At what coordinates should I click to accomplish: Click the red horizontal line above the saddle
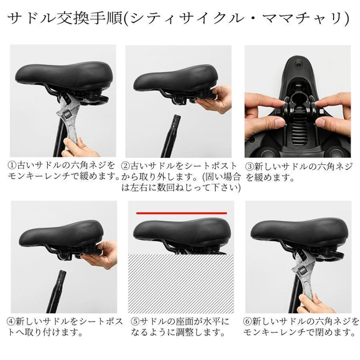tap(181, 213)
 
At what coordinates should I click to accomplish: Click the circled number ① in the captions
tap(12, 165)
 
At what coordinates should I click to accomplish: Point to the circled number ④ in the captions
tap(12, 321)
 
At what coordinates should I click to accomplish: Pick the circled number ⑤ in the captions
tap(135, 321)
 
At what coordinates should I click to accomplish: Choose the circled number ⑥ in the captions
tap(247, 321)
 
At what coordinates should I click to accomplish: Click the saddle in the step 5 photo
tap(180, 232)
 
